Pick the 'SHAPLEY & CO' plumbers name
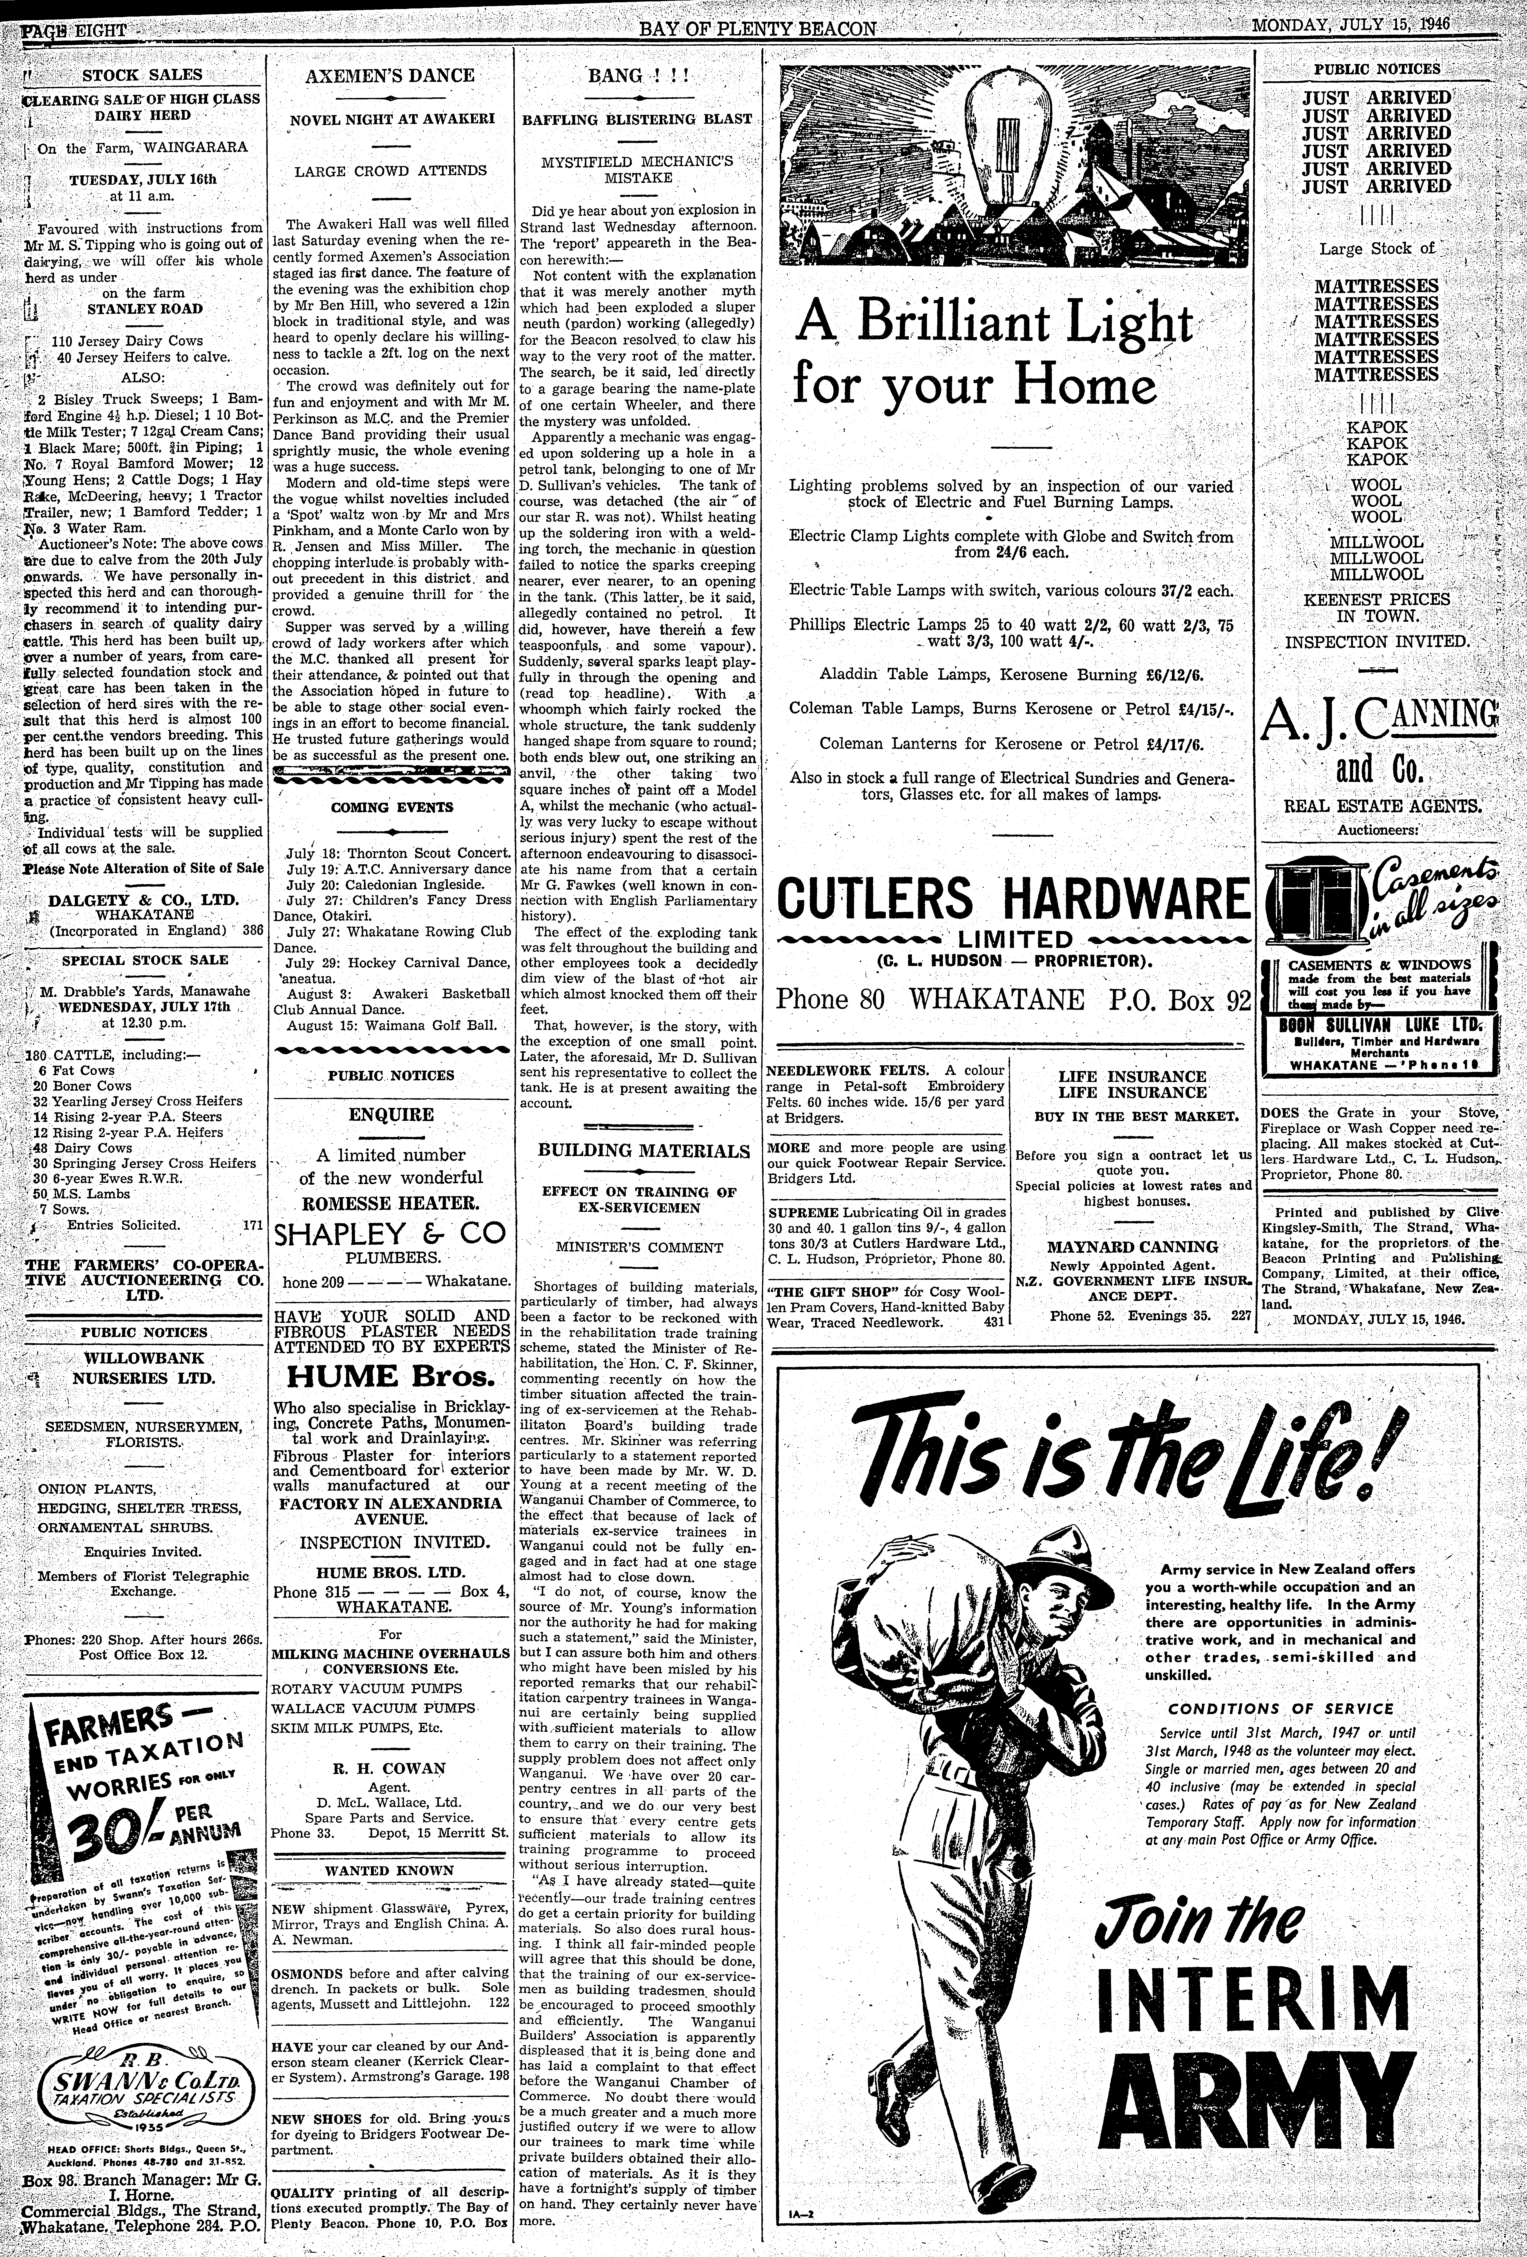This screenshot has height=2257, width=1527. pos(390,1233)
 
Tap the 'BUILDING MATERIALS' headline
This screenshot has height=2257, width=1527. pos(644,1151)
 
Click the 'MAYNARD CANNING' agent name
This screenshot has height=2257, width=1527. pos(1132,1246)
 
